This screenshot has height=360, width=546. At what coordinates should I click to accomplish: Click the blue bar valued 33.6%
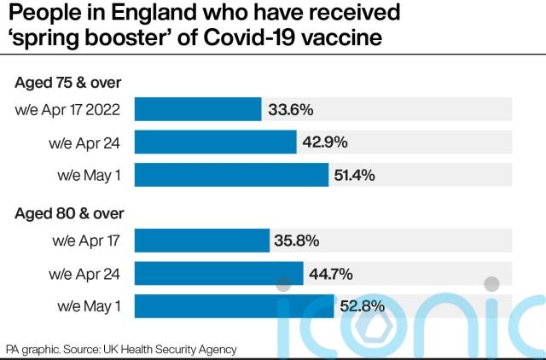[198, 109]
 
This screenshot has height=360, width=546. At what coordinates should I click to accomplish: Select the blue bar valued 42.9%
[215, 142]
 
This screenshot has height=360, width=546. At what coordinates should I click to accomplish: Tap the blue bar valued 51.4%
[231, 175]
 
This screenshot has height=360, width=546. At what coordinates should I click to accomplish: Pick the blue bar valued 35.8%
[202, 241]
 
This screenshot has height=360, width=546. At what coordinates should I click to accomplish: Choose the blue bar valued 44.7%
[219, 273]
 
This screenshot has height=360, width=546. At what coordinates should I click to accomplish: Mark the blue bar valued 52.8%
[234, 305]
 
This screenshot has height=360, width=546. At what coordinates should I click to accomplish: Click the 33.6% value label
[291, 109]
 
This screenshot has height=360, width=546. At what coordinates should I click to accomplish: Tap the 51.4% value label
[357, 175]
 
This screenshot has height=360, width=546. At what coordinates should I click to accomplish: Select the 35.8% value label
[299, 241]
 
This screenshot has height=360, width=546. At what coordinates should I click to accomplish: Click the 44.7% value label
[334, 273]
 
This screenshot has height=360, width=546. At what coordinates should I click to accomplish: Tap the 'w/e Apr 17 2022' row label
[73, 109]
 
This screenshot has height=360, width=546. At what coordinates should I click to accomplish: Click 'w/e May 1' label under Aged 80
[89, 305]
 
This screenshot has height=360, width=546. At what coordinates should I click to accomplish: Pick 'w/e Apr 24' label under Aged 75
[89, 142]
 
